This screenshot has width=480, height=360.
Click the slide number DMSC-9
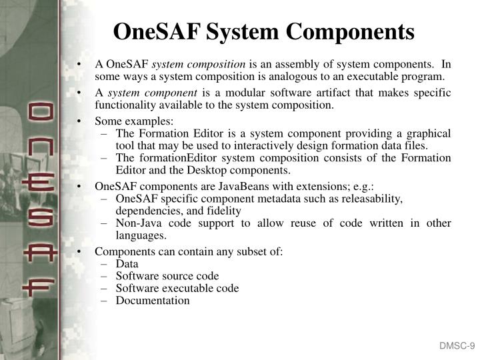click(456, 345)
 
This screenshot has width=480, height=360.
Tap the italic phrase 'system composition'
click(200, 65)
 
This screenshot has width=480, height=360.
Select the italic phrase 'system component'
click(153, 93)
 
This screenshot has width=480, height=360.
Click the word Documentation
click(153, 301)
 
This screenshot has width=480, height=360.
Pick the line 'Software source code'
click(167, 276)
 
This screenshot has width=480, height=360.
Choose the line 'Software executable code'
click(177, 288)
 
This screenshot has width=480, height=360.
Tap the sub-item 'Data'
click(127, 263)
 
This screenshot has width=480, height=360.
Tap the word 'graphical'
click(427, 133)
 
